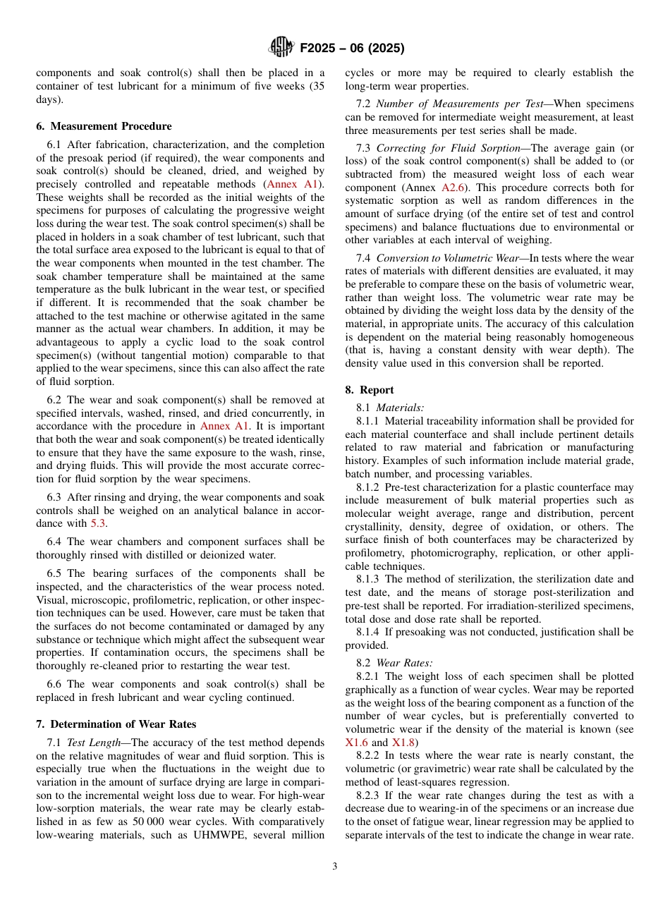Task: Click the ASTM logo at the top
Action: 281,48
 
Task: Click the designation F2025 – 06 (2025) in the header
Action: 352,49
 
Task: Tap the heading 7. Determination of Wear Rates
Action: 116,724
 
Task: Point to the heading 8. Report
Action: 369,390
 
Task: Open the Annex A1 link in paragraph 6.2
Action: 224,426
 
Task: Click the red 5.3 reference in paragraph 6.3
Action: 98,523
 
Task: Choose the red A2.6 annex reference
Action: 453,188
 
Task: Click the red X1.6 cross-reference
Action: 356,742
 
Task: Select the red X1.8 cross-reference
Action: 403,742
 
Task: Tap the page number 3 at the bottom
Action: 334,866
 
